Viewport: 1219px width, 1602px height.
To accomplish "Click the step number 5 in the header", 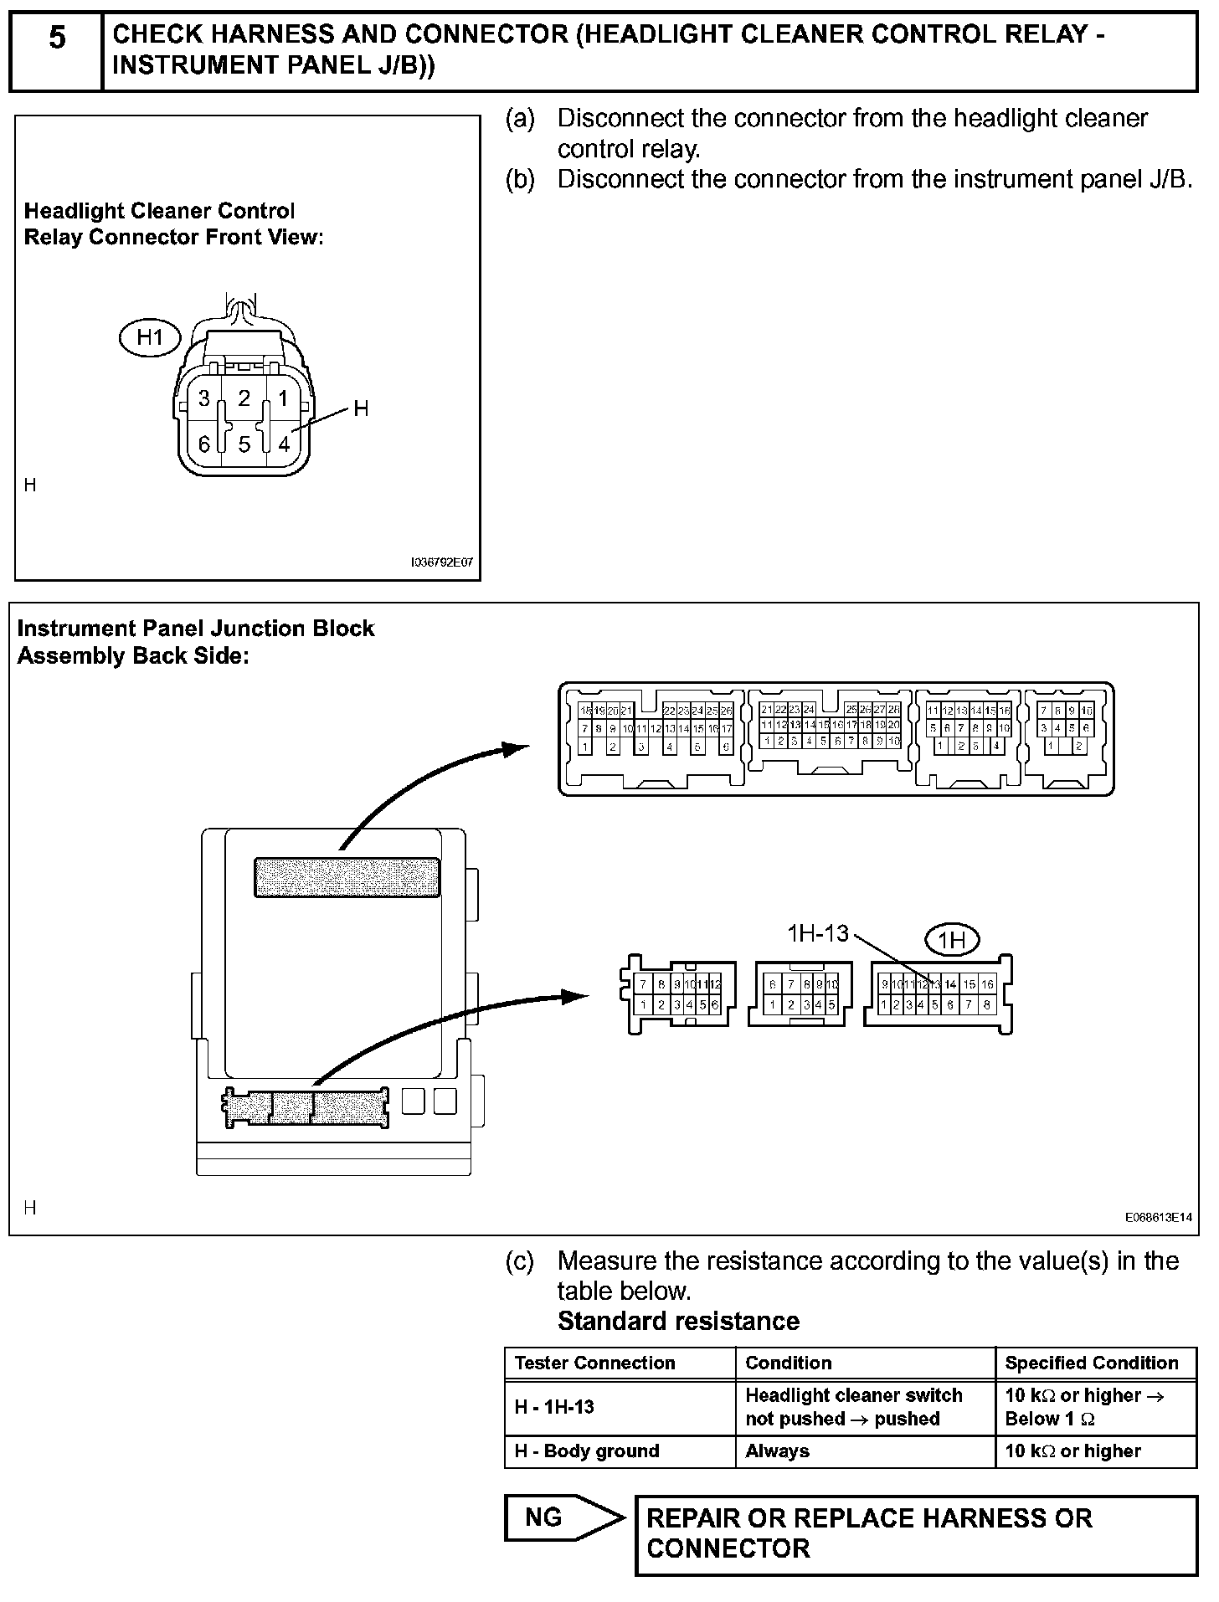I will coord(56,39).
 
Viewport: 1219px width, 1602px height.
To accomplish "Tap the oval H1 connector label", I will coord(150,338).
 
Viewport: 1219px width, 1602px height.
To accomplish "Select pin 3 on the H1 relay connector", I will coord(204,398).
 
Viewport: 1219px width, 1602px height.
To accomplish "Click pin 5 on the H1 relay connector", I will coord(244,444).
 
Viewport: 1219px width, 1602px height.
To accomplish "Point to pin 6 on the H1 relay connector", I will coord(204,444).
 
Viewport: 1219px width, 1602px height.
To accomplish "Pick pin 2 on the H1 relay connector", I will coord(244,398).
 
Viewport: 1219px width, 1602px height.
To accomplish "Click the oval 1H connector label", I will coord(952,941).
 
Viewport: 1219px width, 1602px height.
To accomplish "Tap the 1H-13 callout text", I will coord(817,933).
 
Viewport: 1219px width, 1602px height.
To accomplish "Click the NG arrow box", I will coord(563,1517).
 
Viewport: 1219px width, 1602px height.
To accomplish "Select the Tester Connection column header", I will coord(594,1363).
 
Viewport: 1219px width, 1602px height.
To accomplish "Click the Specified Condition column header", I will coord(1091,1363).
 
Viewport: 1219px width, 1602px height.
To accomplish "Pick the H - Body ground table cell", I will coord(587,1451).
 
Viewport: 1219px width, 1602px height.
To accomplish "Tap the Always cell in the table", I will coord(777,1451).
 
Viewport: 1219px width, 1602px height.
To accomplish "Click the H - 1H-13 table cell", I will coord(554,1406).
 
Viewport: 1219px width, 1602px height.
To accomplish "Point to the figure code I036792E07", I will coord(441,563).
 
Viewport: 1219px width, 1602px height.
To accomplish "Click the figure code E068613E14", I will coord(1158,1218).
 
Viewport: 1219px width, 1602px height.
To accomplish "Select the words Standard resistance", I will coord(678,1321).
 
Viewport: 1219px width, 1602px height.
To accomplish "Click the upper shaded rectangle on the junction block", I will coord(347,877).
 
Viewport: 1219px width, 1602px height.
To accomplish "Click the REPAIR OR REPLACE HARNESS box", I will coord(915,1533).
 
